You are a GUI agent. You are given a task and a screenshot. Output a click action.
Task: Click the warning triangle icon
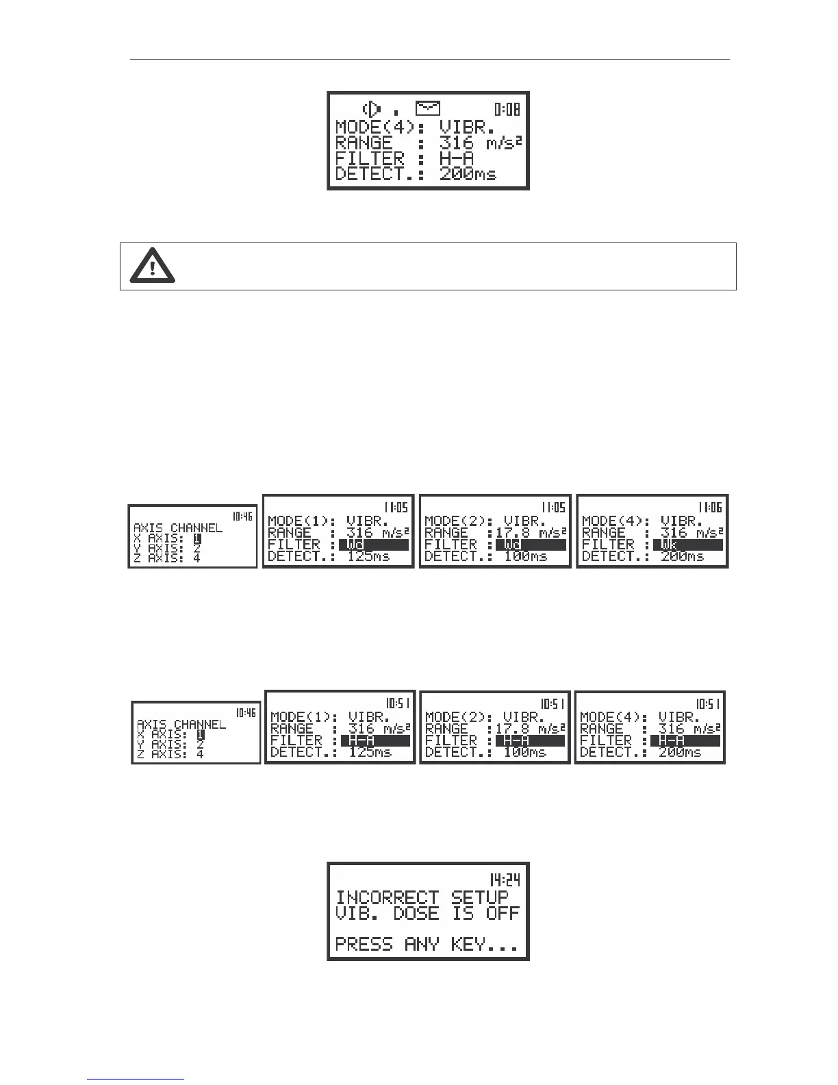(152, 266)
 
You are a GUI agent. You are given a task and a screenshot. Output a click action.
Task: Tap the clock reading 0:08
(508, 109)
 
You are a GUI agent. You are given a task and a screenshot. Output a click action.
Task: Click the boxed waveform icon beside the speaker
(428, 108)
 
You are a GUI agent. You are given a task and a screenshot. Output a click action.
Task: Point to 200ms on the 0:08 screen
(468, 174)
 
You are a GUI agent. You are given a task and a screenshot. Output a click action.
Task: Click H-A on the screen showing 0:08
(456, 159)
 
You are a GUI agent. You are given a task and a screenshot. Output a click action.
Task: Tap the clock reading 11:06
(709, 508)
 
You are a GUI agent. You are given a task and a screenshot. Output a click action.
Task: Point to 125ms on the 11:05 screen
(368, 556)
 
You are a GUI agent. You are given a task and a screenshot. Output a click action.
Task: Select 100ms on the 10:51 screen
(524, 752)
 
